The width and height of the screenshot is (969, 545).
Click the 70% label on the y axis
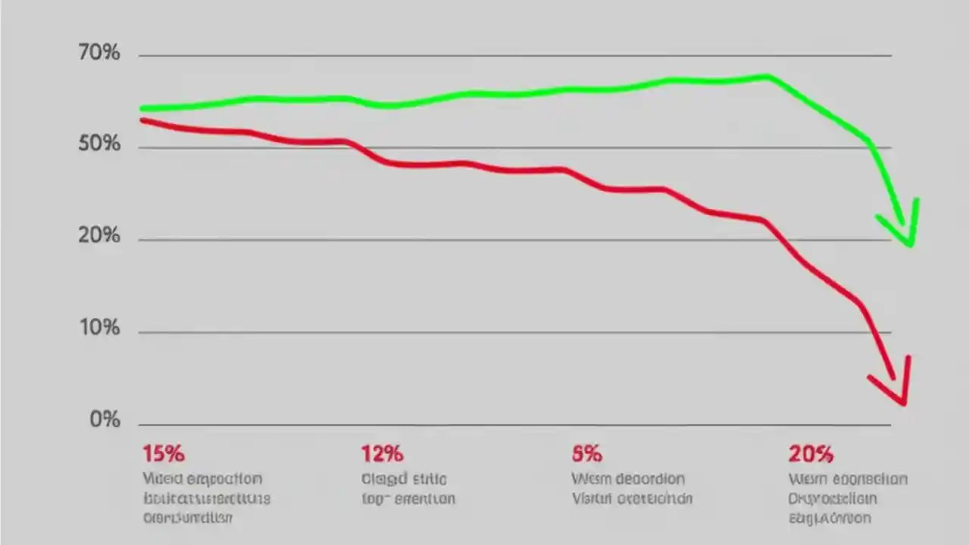(99, 54)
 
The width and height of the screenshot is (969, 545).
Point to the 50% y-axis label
(99, 144)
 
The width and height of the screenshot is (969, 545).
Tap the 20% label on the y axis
(99, 236)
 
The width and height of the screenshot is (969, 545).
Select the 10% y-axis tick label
(99, 329)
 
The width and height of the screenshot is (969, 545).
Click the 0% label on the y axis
(105, 419)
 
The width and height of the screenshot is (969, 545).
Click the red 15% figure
(164, 454)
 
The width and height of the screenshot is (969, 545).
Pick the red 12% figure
(382, 454)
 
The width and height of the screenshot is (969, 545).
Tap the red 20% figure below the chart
(811, 454)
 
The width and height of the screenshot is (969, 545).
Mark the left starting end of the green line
(142, 109)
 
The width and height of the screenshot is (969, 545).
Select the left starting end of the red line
(142, 120)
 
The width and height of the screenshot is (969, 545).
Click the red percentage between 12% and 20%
(587, 454)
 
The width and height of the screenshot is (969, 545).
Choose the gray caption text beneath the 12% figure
(407, 489)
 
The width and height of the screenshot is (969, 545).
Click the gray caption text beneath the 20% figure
(847, 498)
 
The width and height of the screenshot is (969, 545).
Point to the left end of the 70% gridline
(140, 55)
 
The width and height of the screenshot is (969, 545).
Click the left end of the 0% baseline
(140, 425)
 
